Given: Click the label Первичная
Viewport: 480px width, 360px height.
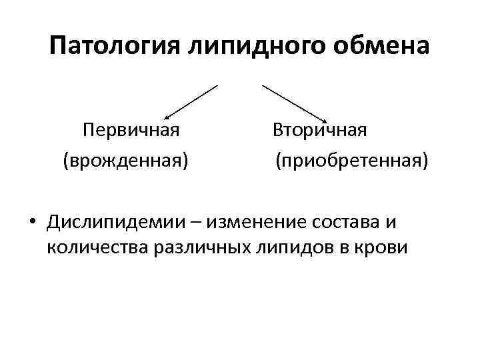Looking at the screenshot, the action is point(131,128).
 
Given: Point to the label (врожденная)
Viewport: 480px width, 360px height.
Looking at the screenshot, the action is point(125,159).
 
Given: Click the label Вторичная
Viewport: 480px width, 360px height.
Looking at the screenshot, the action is point(319,128).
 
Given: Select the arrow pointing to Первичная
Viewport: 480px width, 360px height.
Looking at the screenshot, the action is point(191,102).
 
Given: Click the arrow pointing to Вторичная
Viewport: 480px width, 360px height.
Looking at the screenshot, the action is point(293,102).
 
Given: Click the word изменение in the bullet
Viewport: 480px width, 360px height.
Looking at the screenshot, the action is point(259,222).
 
